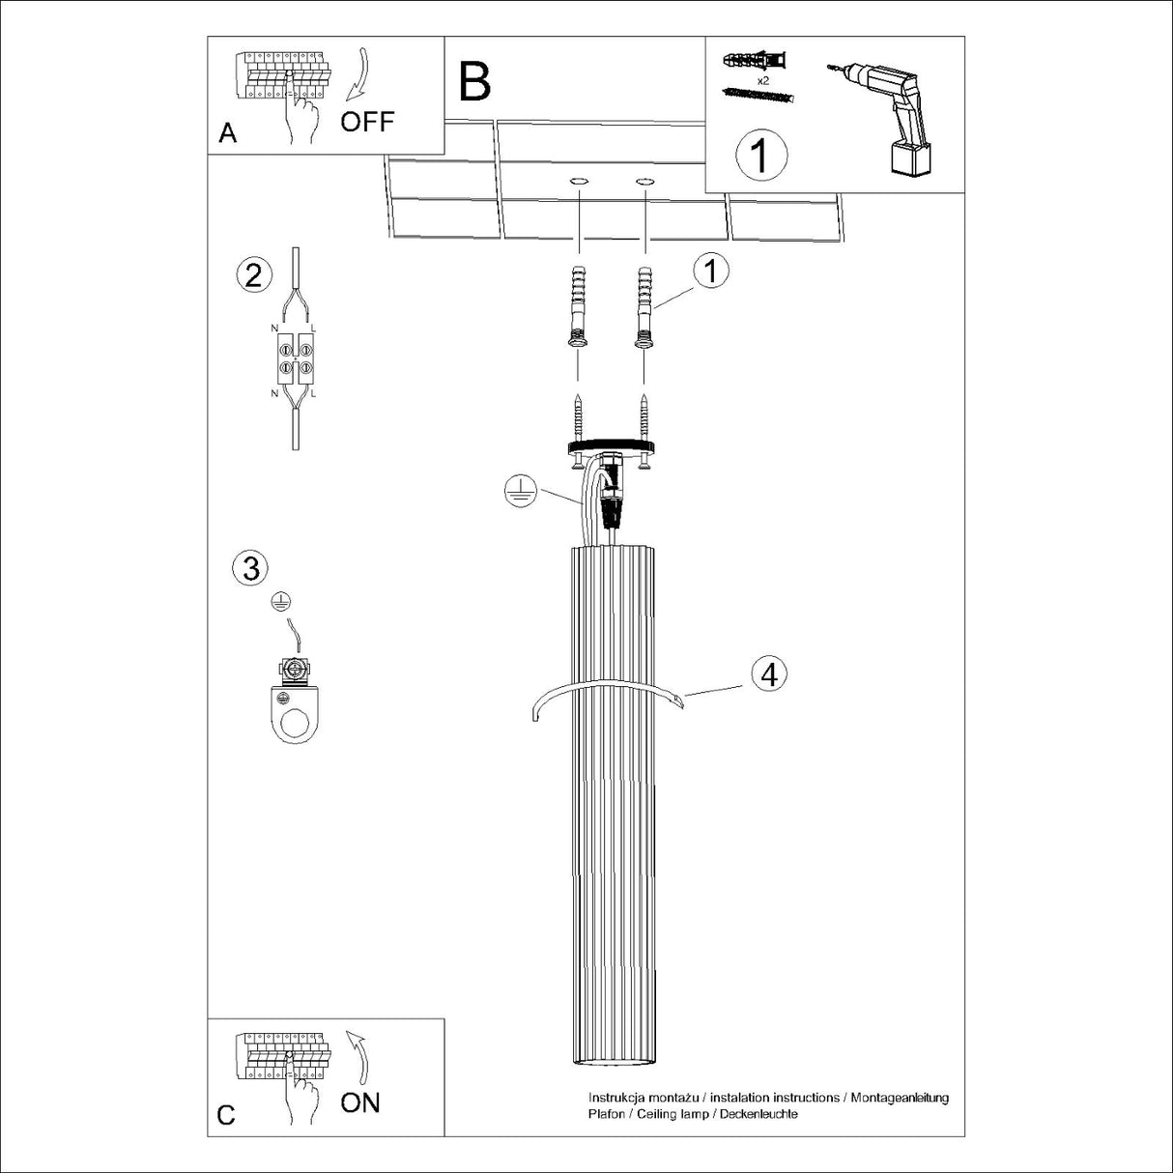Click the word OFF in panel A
pos(367,122)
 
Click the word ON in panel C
pos(360,1101)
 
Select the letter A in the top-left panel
pos(227,133)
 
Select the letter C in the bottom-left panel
pos(226,1115)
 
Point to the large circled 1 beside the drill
pos(761,155)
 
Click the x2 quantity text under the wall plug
pos(762,81)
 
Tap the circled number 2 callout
pos(253,275)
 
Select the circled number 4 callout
pos(769,673)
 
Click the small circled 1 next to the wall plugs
pos(711,272)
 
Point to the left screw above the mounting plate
pos(578,416)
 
